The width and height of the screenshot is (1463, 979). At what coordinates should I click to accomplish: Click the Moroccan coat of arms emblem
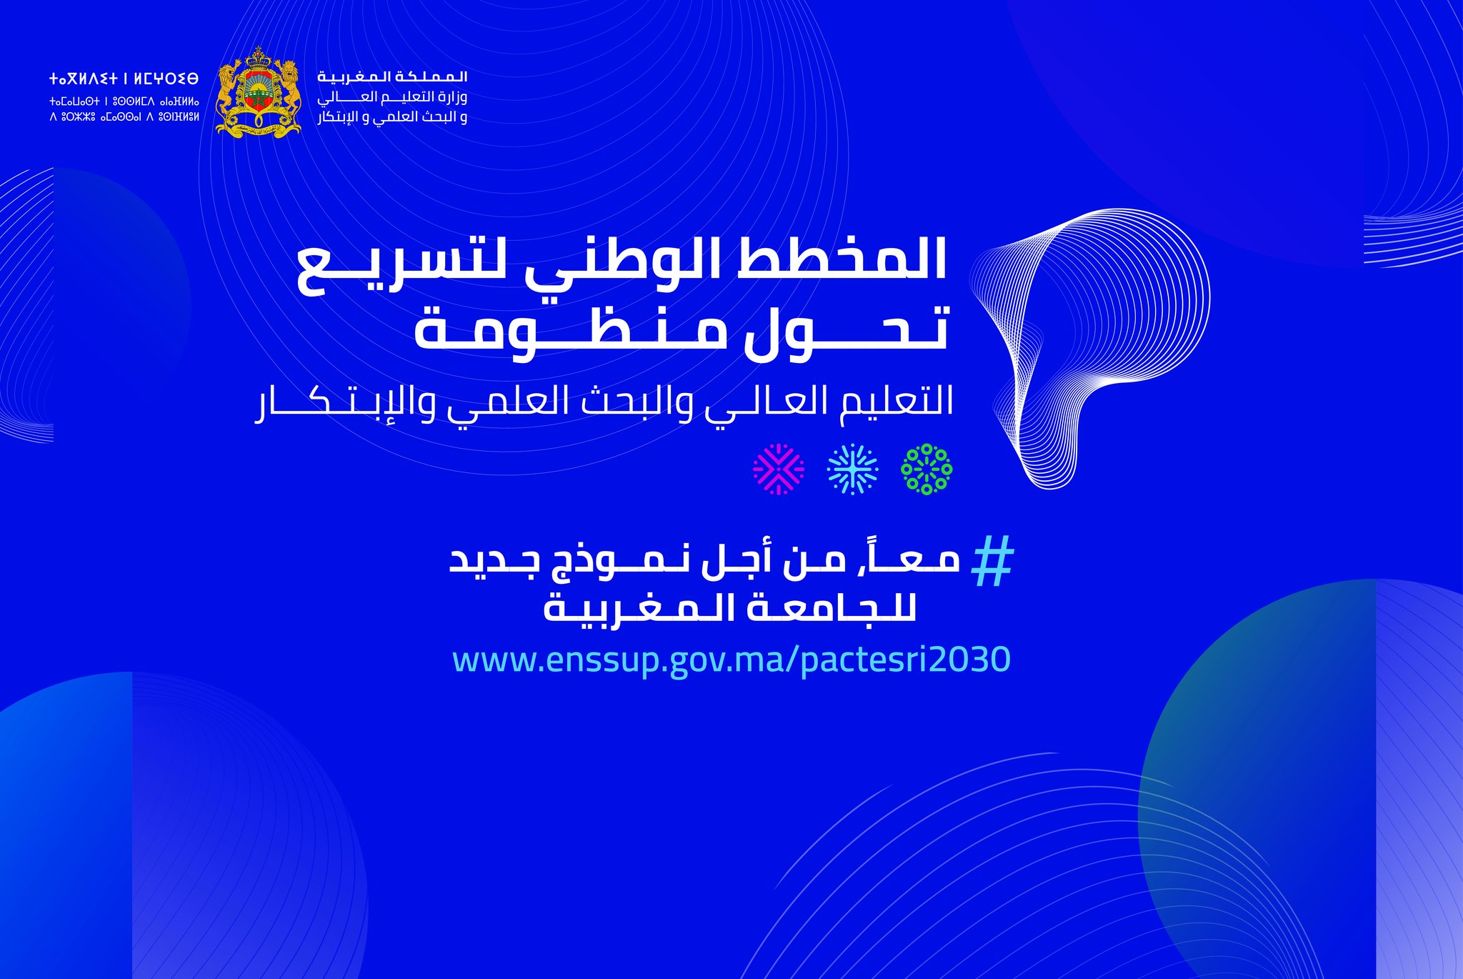pos(258,92)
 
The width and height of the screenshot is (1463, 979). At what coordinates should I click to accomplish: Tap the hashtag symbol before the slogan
pos(994,562)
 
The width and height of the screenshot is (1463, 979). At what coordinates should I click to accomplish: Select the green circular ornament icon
pos(927,469)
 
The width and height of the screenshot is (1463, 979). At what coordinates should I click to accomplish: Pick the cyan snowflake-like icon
pos(852,469)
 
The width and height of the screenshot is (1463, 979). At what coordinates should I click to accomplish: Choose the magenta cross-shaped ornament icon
pos(779,469)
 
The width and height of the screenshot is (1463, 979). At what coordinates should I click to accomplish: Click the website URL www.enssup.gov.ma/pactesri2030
pos(731,660)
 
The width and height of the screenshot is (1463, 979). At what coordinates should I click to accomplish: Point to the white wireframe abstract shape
pos(1089,348)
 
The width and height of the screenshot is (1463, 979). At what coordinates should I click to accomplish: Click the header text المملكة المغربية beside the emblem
pos(392,76)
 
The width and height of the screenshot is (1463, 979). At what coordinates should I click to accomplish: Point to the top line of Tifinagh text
pos(124,79)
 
